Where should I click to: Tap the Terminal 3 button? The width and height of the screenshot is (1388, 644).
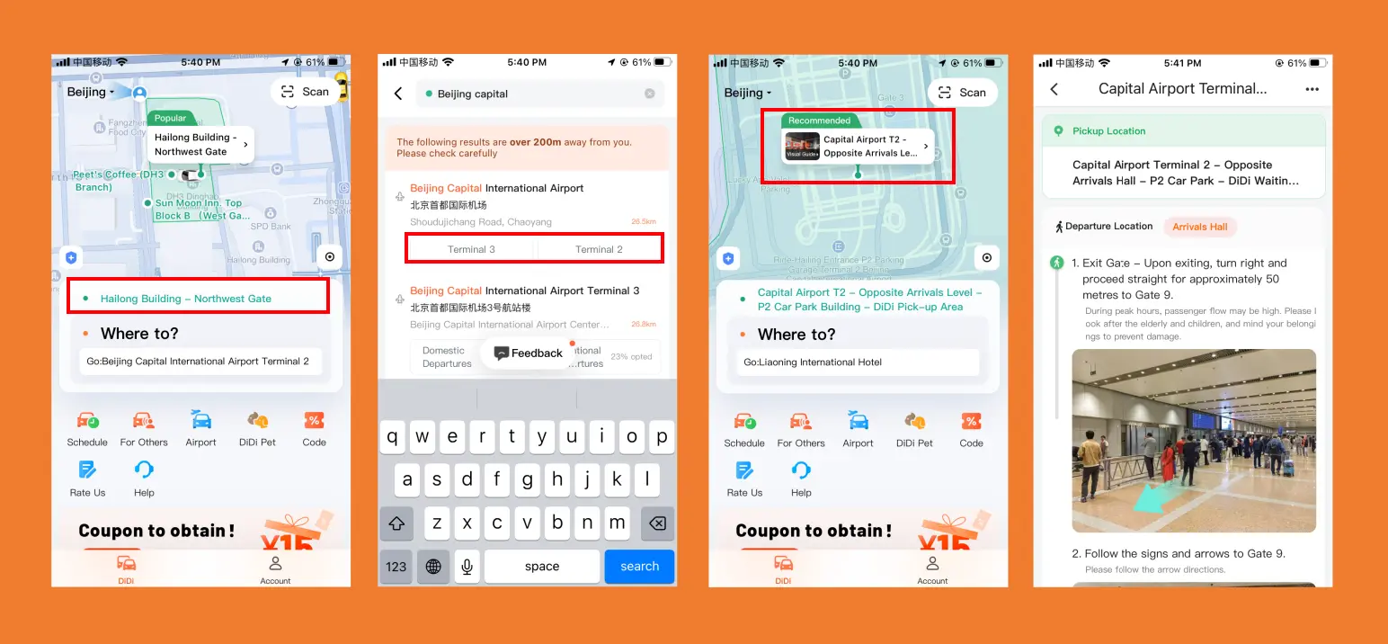(471, 249)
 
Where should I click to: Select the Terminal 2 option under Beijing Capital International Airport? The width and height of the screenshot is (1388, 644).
(599, 249)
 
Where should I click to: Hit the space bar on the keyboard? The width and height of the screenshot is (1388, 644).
(541, 567)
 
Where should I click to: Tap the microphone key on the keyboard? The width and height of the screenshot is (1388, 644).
(467, 567)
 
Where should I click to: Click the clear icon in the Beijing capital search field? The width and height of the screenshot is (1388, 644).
(650, 94)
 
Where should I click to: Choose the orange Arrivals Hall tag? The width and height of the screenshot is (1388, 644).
(1199, 227)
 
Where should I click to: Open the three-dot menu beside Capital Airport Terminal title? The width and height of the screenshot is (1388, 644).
(1312, 89)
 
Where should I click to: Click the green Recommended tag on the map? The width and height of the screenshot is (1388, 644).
(819, 121)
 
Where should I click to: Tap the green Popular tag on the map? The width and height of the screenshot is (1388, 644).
(170, 118)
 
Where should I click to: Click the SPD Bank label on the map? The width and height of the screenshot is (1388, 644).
(271, 227)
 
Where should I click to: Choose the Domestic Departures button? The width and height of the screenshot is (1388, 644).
(446, 357)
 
